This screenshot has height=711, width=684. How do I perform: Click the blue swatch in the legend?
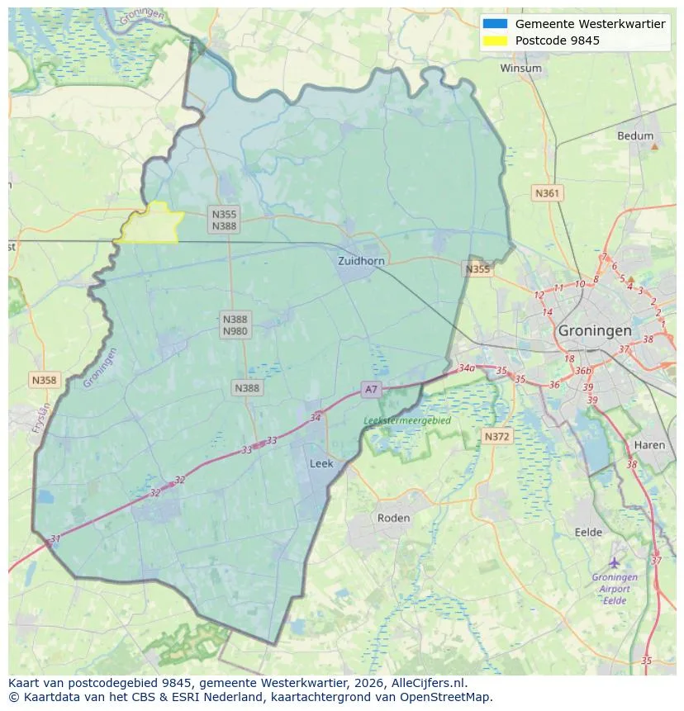[x=496, y=24]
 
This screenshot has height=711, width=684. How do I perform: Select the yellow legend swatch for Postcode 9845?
[x=496, y=40]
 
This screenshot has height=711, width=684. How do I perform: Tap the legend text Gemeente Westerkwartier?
[x=590, y=24]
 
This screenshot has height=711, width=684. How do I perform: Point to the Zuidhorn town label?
[x=361, y=261]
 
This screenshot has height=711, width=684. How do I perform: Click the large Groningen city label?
[x=595, y=330]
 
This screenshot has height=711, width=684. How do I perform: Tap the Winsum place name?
[x=520, y=69]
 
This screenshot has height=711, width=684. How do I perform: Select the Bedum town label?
[x=634, y=136]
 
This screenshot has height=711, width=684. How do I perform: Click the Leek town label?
[x=321, y=464]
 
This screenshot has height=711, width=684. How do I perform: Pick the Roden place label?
[x=393, y=518]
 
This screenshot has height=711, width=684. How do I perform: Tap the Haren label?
[x=649, y=445]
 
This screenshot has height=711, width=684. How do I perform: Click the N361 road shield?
[x=547, y=193]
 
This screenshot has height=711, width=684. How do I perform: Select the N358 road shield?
[x=44, y=380]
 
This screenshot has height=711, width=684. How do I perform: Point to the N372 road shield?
[x=497, y=436]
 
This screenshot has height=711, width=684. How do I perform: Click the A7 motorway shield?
[x=371, y=389]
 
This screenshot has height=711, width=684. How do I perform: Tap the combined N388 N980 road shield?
[x=235, y=325]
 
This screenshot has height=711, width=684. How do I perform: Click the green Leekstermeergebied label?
[x=407, y=420]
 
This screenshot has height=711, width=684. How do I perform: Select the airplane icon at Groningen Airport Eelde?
[x=614, y=562]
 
